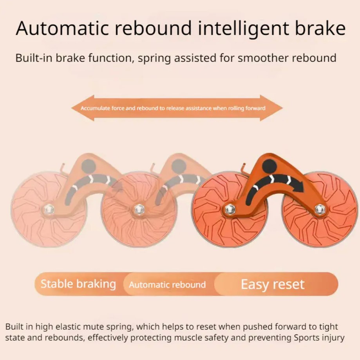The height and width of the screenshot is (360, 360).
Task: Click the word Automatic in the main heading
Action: pyautogui.click(x=62, y=28)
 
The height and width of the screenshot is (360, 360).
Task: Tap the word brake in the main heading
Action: pyautogui.click(x=320, y=28)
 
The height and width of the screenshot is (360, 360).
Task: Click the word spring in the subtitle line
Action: pyautogui.click(x=154, y=58)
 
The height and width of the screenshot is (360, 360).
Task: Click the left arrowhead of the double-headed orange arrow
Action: pyautogui.click(x=83, y=108)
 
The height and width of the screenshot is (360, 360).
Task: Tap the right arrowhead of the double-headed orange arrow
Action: pyautogui.click(x=271, y=108)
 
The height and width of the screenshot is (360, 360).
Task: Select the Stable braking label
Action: pyautogui.click(x=78, y=284)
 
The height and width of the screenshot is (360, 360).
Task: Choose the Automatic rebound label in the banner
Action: pyautogui.click(x=167, y=285)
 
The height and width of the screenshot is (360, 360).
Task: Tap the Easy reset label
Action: pyautogui.click(x=273, y=284)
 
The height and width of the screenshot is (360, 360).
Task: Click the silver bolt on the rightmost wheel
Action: pyautogui.click(x=319, y=209)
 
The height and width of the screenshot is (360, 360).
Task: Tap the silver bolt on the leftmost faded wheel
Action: pyautogui.click(x=49, y=209)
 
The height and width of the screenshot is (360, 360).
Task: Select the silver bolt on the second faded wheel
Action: pyautogui.click(x=139, y=209)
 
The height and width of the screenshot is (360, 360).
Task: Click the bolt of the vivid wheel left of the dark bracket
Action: pyautogui.click(x=230, y=209)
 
